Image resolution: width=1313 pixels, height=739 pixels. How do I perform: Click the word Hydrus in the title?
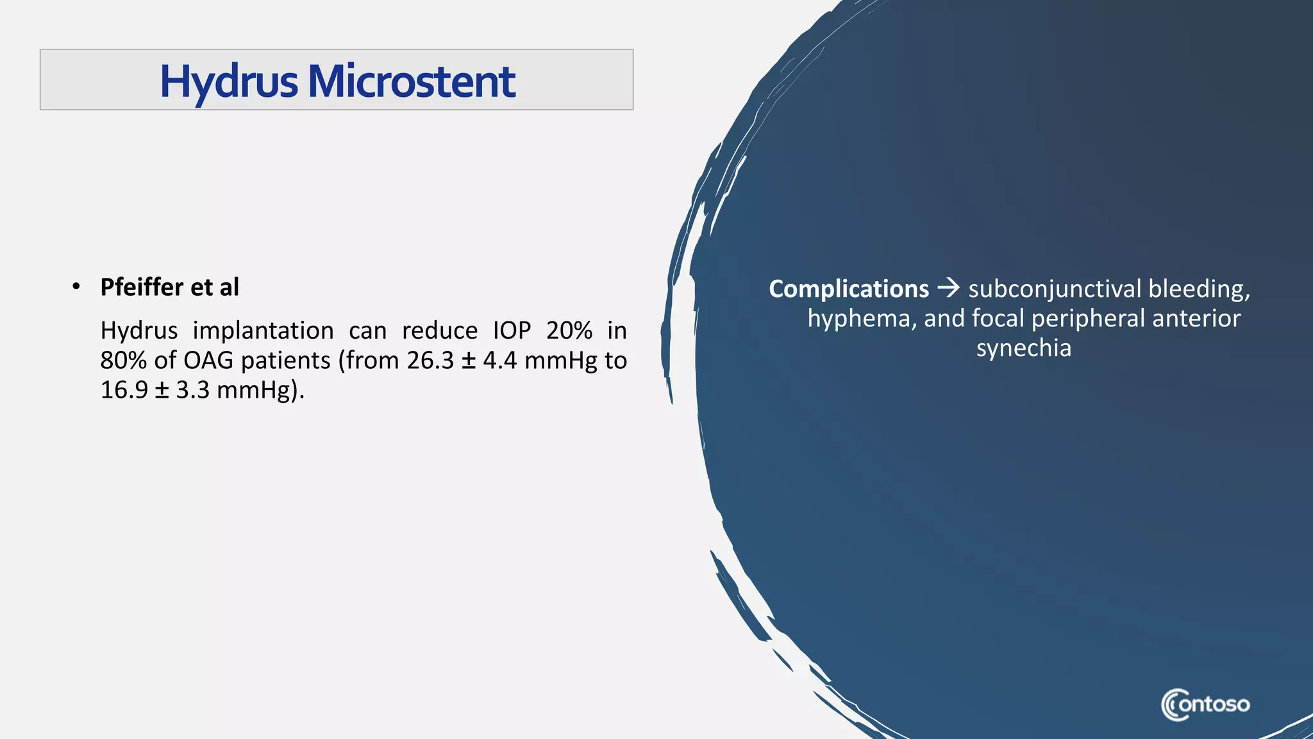229,82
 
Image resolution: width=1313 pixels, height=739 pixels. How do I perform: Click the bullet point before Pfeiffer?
76,287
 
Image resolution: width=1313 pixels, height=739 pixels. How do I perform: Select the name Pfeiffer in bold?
142,287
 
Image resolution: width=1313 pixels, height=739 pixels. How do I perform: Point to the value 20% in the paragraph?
569,331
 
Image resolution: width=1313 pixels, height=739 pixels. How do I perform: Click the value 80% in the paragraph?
123,361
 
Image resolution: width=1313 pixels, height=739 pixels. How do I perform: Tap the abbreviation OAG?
208,361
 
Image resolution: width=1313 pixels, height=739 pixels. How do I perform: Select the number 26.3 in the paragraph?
430,361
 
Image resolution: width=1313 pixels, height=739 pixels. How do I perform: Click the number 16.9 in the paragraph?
124,390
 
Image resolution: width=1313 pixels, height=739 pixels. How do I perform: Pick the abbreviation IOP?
512,331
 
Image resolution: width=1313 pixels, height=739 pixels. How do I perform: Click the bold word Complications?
848,289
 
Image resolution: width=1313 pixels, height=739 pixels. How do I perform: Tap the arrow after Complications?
948,288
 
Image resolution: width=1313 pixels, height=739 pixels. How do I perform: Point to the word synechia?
1023,348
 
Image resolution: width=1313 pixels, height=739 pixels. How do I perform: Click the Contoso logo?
1205,705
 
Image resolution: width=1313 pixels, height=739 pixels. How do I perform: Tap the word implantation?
263,331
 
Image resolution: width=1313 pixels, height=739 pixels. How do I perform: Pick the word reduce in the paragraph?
439,331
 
